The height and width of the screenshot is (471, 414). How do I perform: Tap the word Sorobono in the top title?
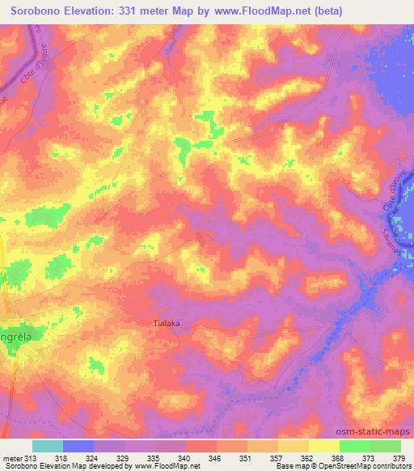point(36,11)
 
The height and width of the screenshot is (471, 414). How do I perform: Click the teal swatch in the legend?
point(48,446)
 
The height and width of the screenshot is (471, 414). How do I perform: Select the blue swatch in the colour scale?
point(78,446)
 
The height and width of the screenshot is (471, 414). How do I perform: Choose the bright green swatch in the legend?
point(355,446)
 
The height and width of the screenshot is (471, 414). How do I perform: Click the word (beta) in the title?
point(326,11)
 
